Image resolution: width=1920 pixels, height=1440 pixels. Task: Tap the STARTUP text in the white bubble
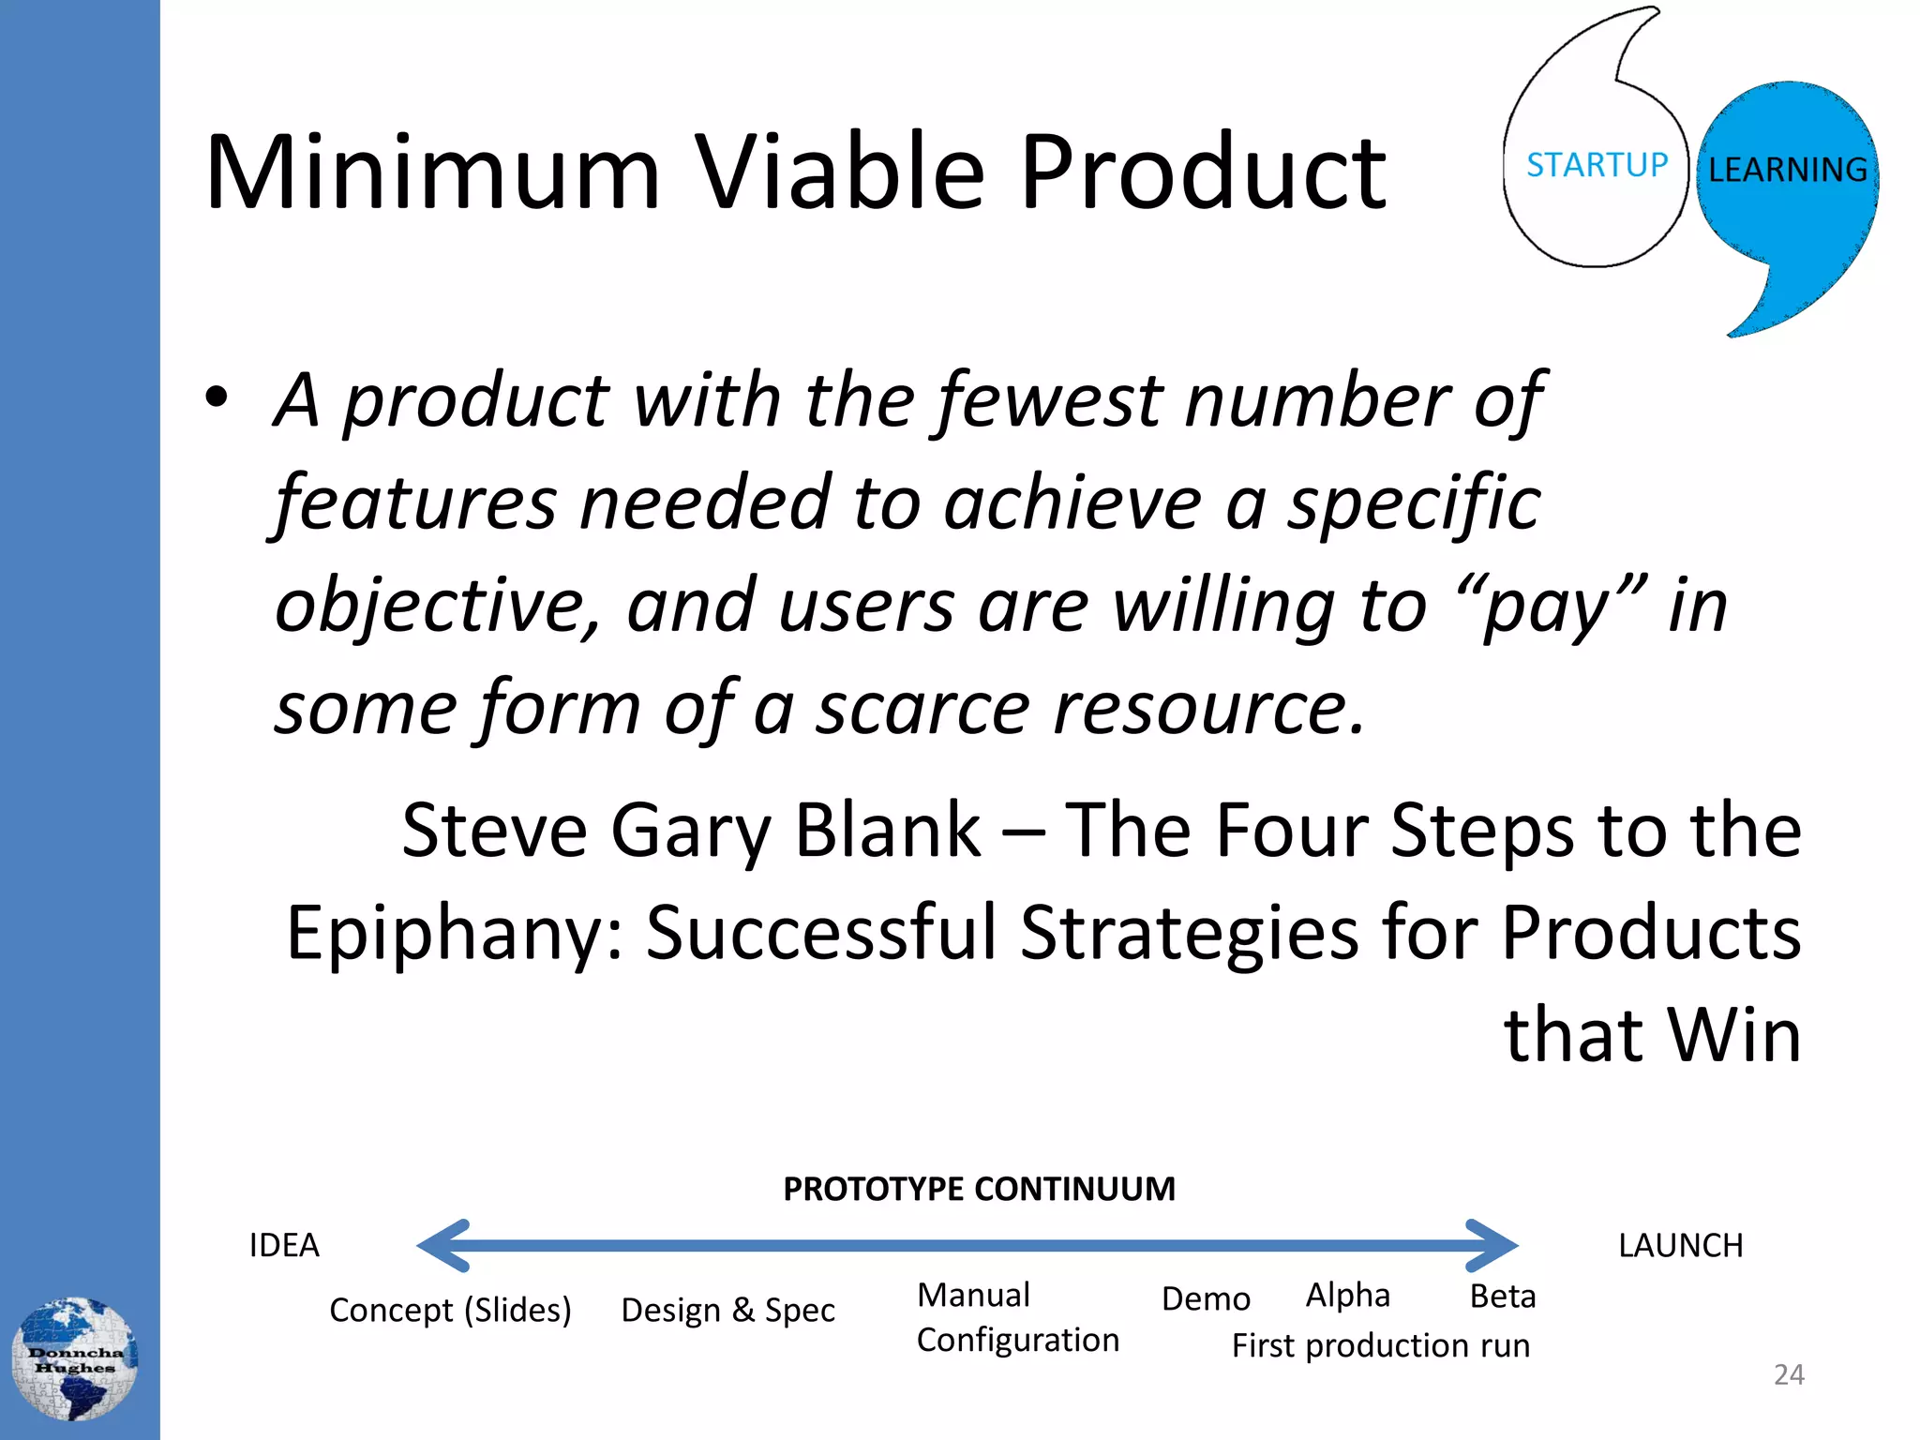coord(1597,165)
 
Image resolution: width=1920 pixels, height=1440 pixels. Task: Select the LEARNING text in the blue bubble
coord(1787,170)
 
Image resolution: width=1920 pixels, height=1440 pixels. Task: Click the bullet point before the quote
coord(217,397)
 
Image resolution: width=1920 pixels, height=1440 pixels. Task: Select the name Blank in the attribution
coord(887,831)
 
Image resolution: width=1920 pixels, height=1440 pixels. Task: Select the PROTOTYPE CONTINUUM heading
coord(979,1189)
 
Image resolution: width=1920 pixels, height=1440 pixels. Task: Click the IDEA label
coord(284,1245)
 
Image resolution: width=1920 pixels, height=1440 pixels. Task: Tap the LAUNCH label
coord(1680,1245)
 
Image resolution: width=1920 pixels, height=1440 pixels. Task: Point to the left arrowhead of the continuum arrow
coord(443,1245)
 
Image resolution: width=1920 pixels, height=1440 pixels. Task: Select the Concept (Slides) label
coord(450,1310)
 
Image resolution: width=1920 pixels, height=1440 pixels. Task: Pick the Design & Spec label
coord(727,1310)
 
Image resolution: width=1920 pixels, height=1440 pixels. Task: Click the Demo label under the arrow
coord(1206,1298)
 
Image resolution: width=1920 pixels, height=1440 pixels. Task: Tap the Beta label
coord(1502,1296)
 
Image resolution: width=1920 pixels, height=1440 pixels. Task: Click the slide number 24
coord(1789,1374)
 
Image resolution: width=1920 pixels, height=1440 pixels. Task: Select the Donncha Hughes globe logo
coord(75,1358)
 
